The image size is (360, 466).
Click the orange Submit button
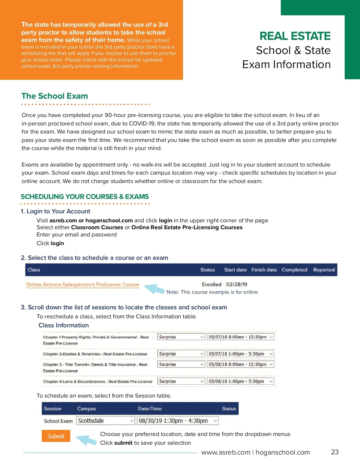tap(56, 436)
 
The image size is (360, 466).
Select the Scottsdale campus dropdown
tap(105, 421)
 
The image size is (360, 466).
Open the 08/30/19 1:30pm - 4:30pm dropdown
tap(178, 421)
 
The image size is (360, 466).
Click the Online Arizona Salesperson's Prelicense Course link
tap(82, 284)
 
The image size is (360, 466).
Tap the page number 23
tap(334, 452)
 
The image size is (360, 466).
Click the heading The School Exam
tap(55, 96)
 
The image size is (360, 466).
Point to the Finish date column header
tap(264, 270)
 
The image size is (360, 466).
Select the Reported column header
tap(324, 270)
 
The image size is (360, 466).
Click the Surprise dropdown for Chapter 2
tap(181, 354)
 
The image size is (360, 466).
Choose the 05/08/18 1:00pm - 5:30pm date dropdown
tap(241, 381)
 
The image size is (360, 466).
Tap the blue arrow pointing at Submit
tap(86, 440)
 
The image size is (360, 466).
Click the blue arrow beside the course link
tap(154, 289)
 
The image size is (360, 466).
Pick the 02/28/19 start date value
tap(237, 284)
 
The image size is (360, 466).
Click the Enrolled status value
tap(211, 284)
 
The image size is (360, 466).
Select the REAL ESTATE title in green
tap(295, 36)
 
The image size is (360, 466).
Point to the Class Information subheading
tap(64, 325)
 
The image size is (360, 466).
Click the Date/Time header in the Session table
tap(150, 409)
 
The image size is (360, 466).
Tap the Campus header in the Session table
tap(86, 409)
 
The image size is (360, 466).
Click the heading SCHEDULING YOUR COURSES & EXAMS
tap(85, 197)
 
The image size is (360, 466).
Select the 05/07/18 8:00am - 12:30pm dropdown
tap(241, 337)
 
